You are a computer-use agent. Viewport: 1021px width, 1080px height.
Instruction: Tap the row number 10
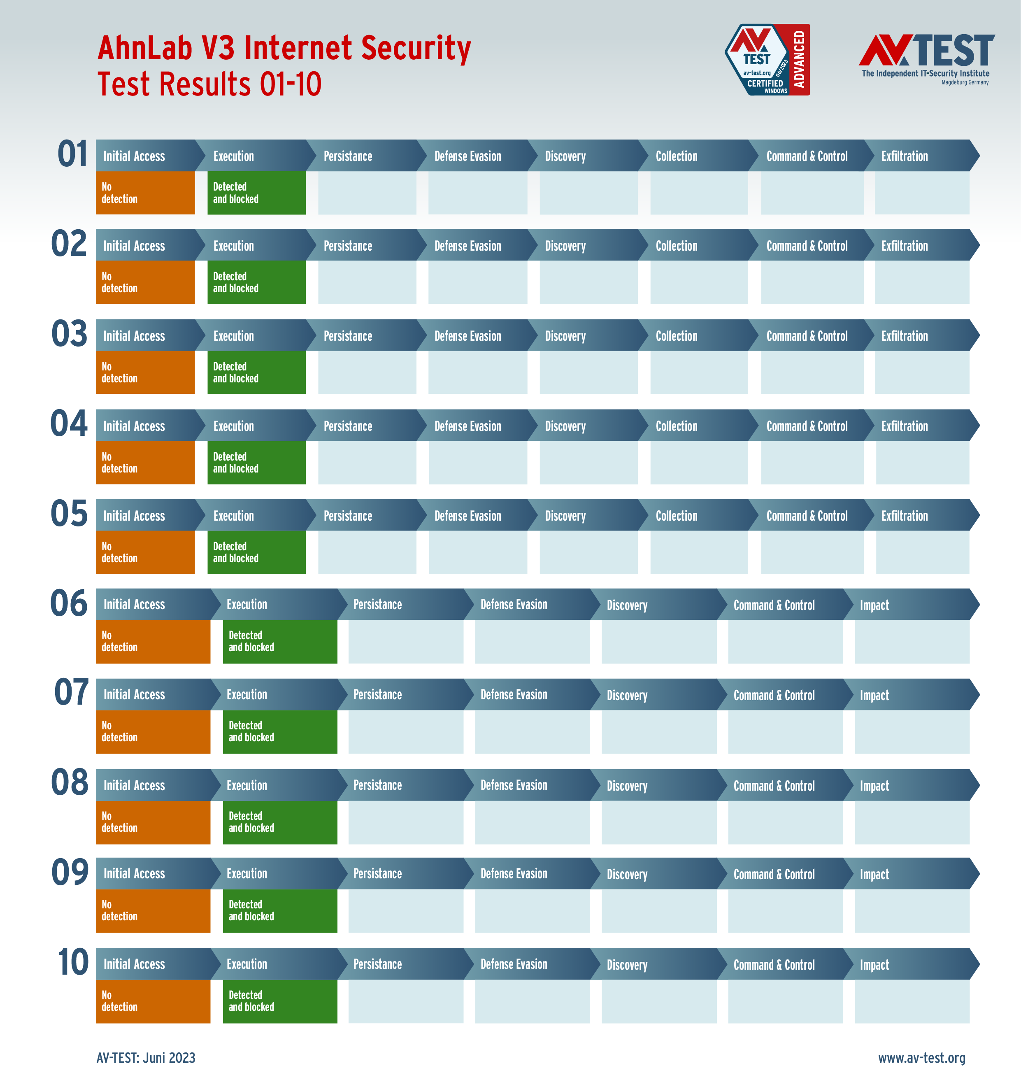[x=73, y=962]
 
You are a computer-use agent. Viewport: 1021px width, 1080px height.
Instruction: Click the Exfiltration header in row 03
[x=905, y=336]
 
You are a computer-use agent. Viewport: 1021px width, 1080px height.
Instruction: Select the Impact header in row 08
[x=874, y=785]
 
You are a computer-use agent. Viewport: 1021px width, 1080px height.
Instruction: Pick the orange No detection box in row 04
[x=145, y=462]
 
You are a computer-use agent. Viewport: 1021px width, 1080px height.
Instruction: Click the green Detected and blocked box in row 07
[x=280, y=732]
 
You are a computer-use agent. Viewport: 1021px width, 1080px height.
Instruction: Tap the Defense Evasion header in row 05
[x=467, y=515]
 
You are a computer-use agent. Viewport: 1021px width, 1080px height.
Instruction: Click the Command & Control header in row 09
[x=774, y=874]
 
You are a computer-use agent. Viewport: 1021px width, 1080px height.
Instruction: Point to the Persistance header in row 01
[x=348, y=156]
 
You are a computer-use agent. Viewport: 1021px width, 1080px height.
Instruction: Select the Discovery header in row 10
[x=627, y=965]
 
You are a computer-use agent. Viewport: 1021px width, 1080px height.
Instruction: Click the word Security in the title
[x=415, y=49]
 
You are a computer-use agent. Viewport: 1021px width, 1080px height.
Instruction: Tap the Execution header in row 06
[x=247, y=604]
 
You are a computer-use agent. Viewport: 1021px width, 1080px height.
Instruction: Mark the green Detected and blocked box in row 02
[x=256, y=282]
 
